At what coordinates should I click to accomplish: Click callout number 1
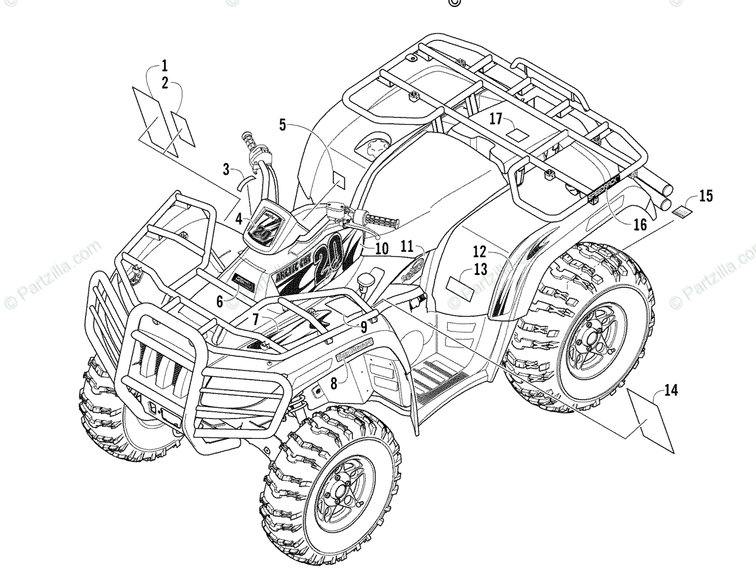tap(164, 65)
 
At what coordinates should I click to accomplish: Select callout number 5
tap(283, 125)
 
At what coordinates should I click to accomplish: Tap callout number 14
tap(671, 391)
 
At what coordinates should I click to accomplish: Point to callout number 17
tap(496, 119)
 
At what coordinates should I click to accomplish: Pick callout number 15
tap(706, 196)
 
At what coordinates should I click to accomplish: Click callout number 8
tap(334, 381)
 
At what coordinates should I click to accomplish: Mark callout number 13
tap(481, 270)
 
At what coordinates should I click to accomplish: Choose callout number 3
tap(226, 168)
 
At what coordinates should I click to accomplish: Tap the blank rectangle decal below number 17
tap(519, 134)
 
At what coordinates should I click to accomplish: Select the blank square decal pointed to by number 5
tap(339, 180)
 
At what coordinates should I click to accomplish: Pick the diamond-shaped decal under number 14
tap(649, 421)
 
